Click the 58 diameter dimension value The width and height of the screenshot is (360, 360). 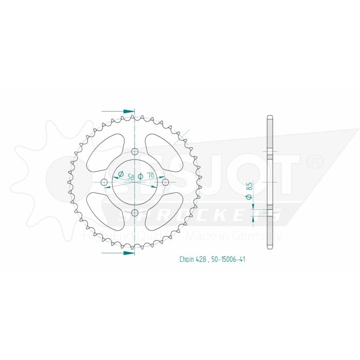click(130, 176)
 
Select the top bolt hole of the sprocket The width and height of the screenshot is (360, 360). click(135, 152)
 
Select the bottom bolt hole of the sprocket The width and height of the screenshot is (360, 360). click(135, 213)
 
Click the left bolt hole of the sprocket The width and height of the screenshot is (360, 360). click(104, 183)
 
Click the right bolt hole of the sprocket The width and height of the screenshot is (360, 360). click(165, 182)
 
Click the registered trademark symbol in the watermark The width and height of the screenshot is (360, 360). click(313, 163)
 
